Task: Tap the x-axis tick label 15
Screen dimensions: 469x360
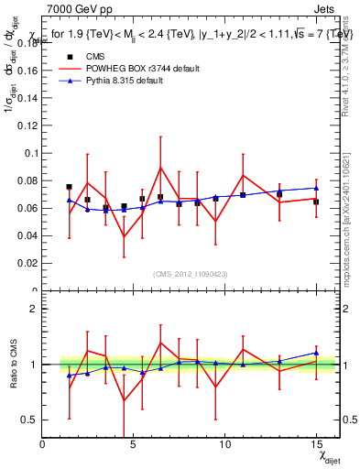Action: (x=315, y=445)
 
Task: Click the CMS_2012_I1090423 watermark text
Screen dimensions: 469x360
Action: (x=191, y=273)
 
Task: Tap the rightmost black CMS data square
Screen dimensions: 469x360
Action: (x=315, y=202)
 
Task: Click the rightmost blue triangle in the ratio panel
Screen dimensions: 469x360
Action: (x=315, y=353)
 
